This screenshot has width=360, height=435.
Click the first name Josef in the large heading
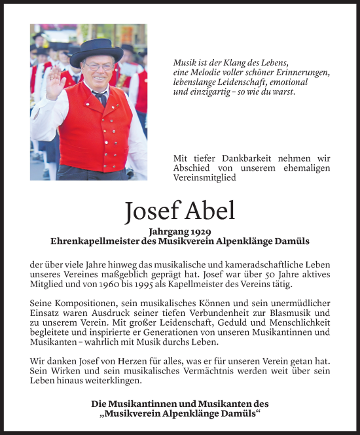click(x=153, y=211)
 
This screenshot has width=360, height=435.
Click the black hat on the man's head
click(x=97, y=50)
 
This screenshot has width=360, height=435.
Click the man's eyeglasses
click(x=98, y=65)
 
